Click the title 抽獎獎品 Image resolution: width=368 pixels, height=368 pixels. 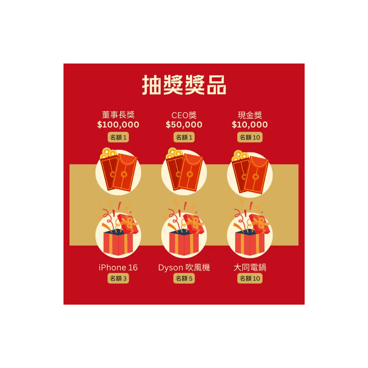click(x=184, y=85)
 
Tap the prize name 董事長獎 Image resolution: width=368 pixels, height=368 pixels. click(x=118, y=115)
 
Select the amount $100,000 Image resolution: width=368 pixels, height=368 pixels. click(x=118, y=125)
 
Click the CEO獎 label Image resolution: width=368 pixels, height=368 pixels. click(x=184, y=115)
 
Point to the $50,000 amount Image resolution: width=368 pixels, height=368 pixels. click(x=184, y=125)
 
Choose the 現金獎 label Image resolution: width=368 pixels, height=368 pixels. click(x=250, y=115)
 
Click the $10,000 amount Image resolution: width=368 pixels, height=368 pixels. click(x=250, y=125)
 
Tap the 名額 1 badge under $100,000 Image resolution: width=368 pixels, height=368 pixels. click(x=118, y=137)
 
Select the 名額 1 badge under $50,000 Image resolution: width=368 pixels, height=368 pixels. click(x=184, y=137)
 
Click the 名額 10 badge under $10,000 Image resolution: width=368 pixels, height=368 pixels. click(x=250, y=137)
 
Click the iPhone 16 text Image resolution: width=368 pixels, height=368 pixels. click(x=118, y=268)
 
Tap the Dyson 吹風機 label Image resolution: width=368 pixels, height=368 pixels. click(x=184, y=268)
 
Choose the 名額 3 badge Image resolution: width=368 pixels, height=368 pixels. click(x=118, y=278)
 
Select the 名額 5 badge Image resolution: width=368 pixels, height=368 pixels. click(x=184, y=278)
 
